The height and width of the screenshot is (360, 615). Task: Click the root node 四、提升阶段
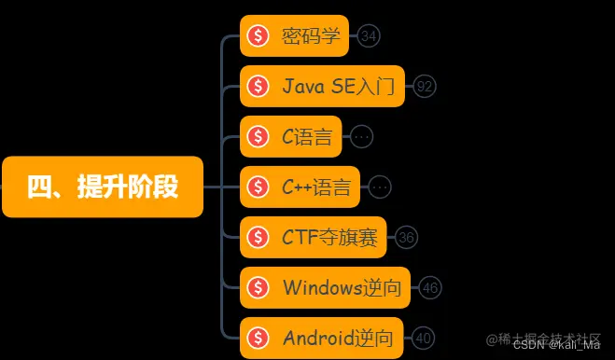102,187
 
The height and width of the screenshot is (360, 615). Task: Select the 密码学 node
294,36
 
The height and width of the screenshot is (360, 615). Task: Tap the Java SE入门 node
322,87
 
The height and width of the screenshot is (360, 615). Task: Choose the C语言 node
291,137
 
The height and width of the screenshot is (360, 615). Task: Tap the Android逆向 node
322,339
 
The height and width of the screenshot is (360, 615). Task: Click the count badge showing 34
369,36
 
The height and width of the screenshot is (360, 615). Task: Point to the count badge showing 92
426,87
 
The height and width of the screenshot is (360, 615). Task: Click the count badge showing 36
406,238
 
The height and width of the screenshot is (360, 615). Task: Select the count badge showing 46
430,288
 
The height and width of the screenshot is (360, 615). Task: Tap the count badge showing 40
423,339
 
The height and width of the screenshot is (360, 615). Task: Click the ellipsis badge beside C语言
362,137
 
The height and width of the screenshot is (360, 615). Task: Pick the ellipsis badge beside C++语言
379,187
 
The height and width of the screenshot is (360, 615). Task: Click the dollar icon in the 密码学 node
259,36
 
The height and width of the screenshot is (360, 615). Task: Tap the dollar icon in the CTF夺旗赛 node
259,238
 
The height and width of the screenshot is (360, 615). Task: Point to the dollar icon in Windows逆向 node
259,288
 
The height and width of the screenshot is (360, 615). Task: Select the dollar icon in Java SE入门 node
259,87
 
